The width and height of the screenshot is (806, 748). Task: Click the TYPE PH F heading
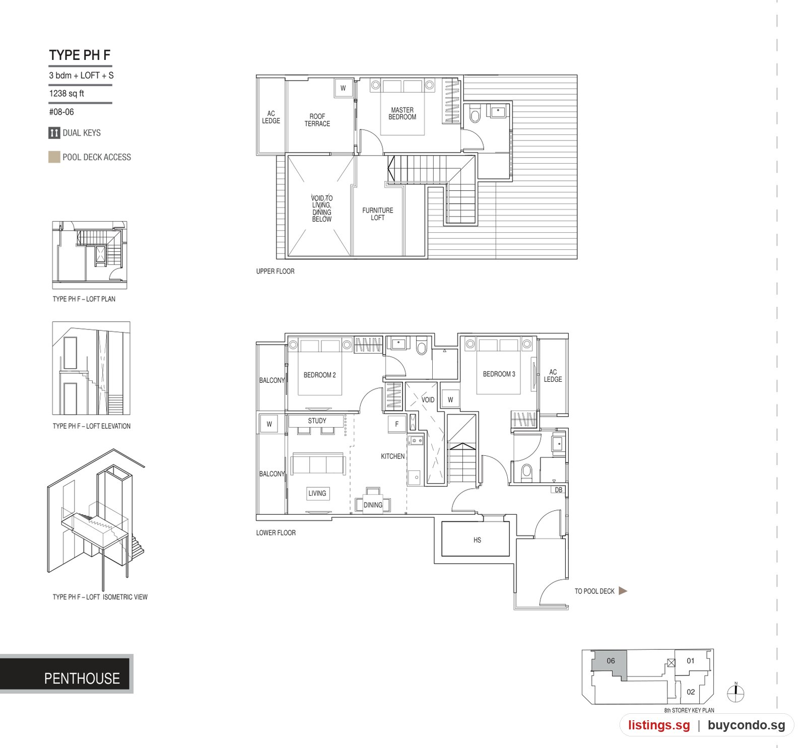80,55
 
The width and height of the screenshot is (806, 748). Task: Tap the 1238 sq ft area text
66,93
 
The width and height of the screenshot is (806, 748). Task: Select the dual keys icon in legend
54,133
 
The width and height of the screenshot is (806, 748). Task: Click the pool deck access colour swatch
54,157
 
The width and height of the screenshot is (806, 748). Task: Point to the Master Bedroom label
402,113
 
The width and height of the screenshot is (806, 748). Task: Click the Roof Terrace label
317,120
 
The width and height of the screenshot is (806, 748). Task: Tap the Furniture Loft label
378,214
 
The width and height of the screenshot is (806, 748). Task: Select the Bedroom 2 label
319,375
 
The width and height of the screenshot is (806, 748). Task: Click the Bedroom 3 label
499,374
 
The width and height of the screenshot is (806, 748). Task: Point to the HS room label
477,540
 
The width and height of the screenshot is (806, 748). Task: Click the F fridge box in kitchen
397,424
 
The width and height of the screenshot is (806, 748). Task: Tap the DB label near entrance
558,490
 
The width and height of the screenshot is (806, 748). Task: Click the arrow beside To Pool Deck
623,591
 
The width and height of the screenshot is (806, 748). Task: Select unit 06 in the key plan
610,665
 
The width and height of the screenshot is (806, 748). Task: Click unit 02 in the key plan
691,692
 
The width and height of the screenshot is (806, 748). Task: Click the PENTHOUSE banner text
82,678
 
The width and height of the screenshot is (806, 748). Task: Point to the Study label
317,421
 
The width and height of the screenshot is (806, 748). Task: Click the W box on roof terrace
343,88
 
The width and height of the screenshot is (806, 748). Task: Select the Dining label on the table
373,505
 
